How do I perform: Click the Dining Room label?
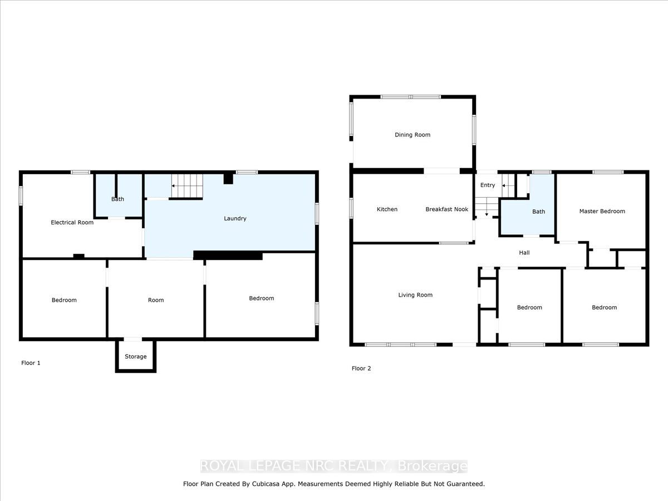click(412, 135)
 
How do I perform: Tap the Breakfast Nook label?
click(446, 209)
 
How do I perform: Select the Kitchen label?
click(387, 209)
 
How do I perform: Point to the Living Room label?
click(415, 295)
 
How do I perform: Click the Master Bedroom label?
click(602, 211)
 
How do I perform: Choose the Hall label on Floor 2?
click(524, 253)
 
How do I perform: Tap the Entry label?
click(487, 185)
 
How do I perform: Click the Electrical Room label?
click(72, 223)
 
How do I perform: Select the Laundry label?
click(235, 219)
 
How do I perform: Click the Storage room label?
click(136, 356)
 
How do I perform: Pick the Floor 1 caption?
click(31, 363)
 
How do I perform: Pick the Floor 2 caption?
click(361, 369)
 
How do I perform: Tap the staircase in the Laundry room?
click(186, 185)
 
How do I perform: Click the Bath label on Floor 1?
click(117, 199)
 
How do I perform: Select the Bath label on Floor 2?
click(538, 212)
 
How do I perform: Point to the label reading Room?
click(156, 300)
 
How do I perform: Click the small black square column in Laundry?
click(228, 178)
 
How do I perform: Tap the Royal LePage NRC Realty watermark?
click(334, 466)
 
